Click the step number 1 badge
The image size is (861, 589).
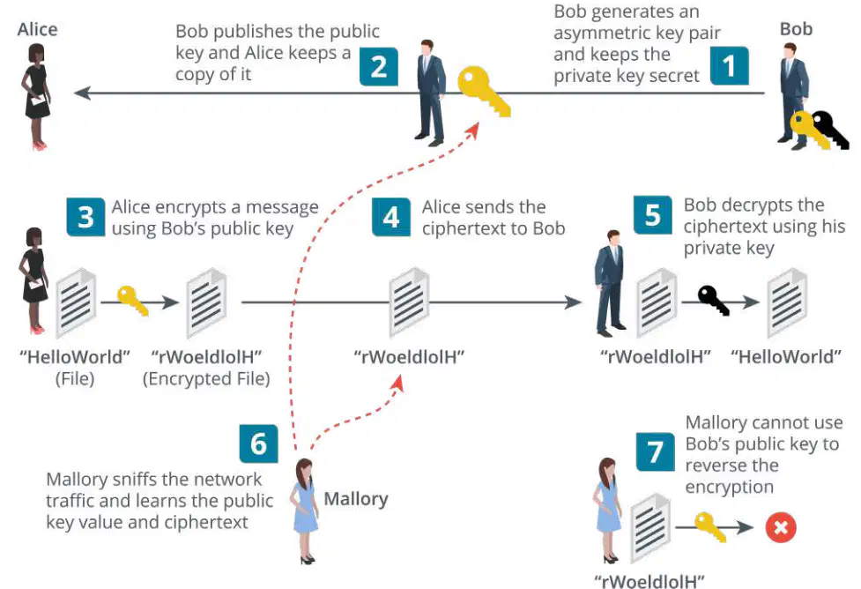click(729, 66)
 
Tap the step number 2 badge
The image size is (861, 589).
click(379, 66)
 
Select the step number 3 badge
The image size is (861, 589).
click(85, 217)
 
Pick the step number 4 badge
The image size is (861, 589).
click(391, 217)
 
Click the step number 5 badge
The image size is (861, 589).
click(652, 215)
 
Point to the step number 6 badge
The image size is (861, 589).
click(258, 444)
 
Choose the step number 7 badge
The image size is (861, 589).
click(656, 452)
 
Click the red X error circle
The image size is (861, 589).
click(781, 527)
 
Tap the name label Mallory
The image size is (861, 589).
click(356, 499)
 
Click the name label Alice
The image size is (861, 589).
click(37, 29)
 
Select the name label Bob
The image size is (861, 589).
click(796, 28)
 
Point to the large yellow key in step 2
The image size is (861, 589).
click(484, 91)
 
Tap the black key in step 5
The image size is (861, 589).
click(714, 301)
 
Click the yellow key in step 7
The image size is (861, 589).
click(710, 527)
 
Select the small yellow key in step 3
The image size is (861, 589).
click(133, 301)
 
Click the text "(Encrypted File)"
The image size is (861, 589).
click(206, 378)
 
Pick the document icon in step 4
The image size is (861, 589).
click(409, 302)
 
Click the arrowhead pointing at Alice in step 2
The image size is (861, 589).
click(82, 93)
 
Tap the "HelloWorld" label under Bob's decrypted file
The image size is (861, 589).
click(786, 357)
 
